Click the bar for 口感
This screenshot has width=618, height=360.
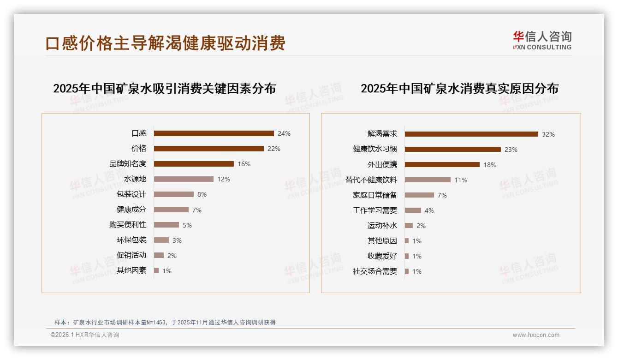coord(214,133)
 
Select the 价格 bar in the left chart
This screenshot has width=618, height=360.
coord(208,149)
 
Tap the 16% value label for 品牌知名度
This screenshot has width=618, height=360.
coord(244,164)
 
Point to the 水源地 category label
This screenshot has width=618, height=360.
coord(135,179)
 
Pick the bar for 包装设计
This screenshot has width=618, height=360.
coord(173,194)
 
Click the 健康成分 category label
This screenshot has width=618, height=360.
coord(131,210)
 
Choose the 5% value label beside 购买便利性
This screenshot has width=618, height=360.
coord(187,225)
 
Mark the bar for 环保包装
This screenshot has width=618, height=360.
coord(161,240)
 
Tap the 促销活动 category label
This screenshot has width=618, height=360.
coord(131,255)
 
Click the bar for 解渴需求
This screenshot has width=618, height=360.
coord(471,134)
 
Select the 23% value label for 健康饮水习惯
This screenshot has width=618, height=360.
coord(511,150)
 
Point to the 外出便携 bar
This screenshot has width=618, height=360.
coord(442,165)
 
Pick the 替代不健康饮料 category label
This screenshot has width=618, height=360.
coord(371,180)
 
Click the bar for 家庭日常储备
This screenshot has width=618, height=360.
coord(419,195)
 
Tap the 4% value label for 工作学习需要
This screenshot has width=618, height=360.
coord(429,210)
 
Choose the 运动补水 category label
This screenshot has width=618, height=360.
coord(382,226)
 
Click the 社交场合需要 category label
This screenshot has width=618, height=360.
coord(375,271)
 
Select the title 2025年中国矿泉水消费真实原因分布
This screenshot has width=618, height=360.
coord(459,89)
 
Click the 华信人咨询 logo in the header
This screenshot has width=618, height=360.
coord(542,40)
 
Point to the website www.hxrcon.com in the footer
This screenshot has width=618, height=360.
coord(536,335)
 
